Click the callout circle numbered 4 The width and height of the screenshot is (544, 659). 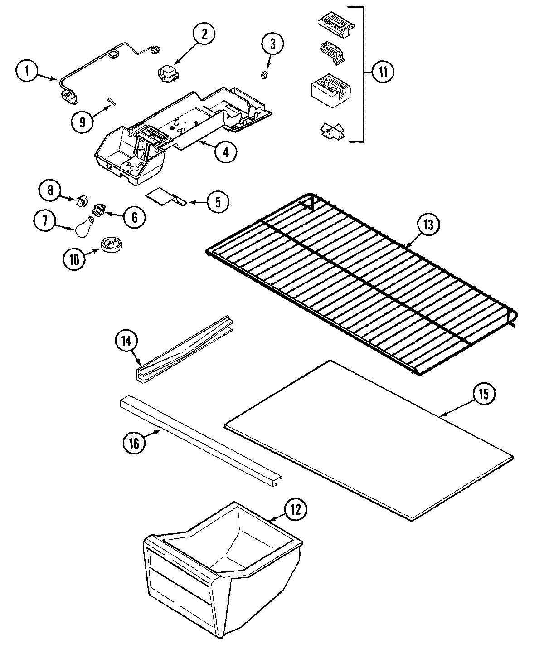tap(225, 153)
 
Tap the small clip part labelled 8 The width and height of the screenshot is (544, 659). tap(82, 200)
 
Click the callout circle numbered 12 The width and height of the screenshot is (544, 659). tap(295, 510)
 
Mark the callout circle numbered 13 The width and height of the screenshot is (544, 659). tap(428, 225)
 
